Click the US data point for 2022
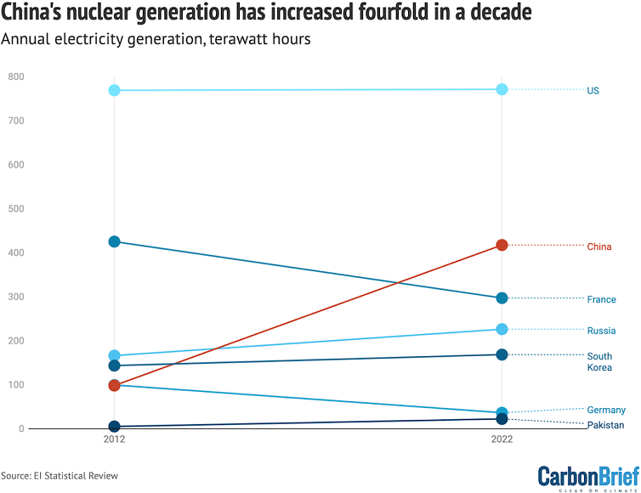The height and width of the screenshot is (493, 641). coord(502,89)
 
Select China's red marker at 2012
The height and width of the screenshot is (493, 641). coord(115,385)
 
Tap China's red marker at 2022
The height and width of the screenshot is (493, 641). coord(502,245)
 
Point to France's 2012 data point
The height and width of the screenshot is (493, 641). coord(115,241)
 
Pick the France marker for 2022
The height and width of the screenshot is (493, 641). coord(502,298)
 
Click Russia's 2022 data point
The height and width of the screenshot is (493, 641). coord(502,329)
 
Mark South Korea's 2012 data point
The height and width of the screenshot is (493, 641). coord(115,365)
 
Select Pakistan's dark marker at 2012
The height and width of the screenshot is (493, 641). coord(115,427)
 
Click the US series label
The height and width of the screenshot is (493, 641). coord(593,90)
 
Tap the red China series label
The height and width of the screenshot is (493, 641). coord(599,246)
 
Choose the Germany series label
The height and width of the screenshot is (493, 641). coord(606,410)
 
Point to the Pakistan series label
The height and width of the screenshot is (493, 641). coord(606,425)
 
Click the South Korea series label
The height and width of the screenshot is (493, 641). coord(599,362)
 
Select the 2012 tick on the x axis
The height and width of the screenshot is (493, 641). coord(115,441)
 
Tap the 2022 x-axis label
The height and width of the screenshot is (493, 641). coord(502,441)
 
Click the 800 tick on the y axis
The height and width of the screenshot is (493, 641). coord(15,77)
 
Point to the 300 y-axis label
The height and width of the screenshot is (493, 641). coord(15,297)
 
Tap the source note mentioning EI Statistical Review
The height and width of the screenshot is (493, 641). coord(60,475)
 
